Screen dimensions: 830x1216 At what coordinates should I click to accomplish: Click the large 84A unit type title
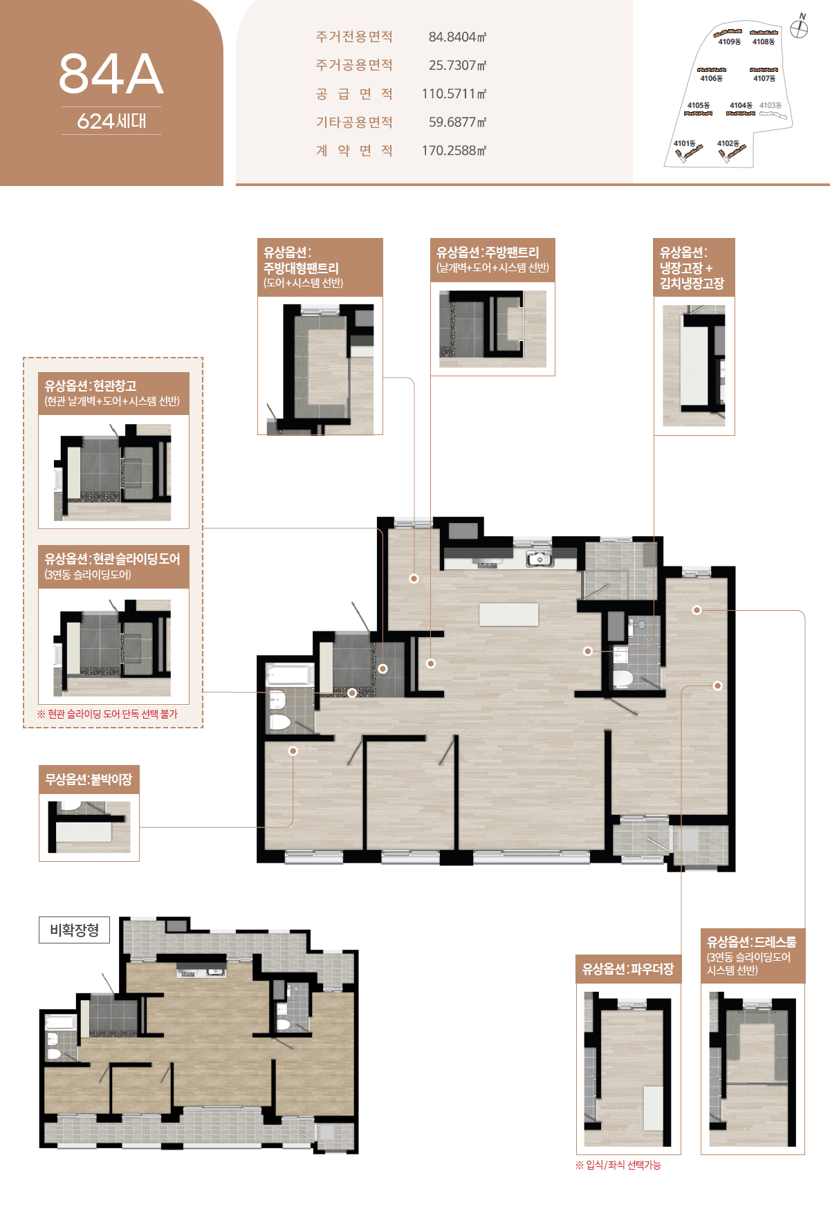coord(111,74)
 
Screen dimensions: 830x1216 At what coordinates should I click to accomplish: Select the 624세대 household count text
coord(111,121)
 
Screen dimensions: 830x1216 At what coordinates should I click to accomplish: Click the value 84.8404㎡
coord(457,37)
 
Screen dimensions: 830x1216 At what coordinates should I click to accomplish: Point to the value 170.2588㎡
coord(454,150)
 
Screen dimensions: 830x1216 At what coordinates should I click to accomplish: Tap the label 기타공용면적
coord(354,122)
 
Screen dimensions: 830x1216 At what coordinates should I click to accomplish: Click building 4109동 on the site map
coord(729,37)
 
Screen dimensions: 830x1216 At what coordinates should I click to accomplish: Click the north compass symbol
coord(800,28)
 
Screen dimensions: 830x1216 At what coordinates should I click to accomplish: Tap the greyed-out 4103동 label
coord(771,105)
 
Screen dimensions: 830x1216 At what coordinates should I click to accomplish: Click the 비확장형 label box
coord(75,930)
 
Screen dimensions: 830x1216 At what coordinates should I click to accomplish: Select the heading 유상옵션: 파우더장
coord(628,969)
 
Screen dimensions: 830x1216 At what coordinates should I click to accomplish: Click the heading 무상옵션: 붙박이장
coord(89,780)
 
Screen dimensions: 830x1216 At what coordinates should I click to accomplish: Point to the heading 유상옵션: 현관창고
coord(91,385)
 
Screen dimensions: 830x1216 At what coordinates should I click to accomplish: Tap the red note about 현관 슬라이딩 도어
coord(107,714)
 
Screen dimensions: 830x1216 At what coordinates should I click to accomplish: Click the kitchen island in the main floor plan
coord(509,614)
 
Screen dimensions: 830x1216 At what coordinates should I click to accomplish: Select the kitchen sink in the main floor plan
coord(538,559)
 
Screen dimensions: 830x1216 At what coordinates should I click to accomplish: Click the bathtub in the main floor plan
coord(290,674)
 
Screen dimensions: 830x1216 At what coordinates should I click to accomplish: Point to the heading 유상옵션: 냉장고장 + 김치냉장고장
coord(692,268)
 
